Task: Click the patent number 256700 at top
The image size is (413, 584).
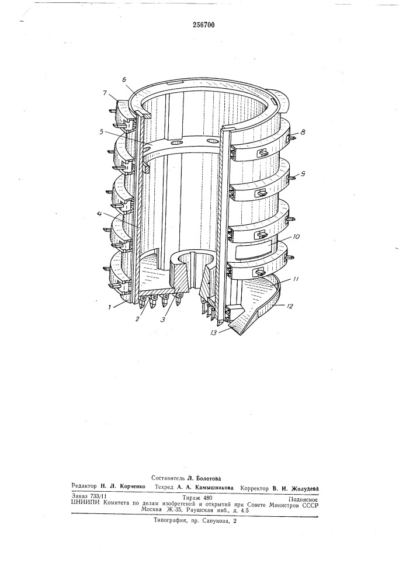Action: (x=203, y=25)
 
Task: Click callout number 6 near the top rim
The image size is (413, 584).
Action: (x=124, y=79)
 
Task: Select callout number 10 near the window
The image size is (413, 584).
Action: (x=287, y=237)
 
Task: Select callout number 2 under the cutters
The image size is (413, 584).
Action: (x=138, y=318)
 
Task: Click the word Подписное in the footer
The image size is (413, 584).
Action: (x=303, y=499)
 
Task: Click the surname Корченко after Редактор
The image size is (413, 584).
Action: (x=130, y=486)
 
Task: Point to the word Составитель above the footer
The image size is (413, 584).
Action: (x=168, y=478)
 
